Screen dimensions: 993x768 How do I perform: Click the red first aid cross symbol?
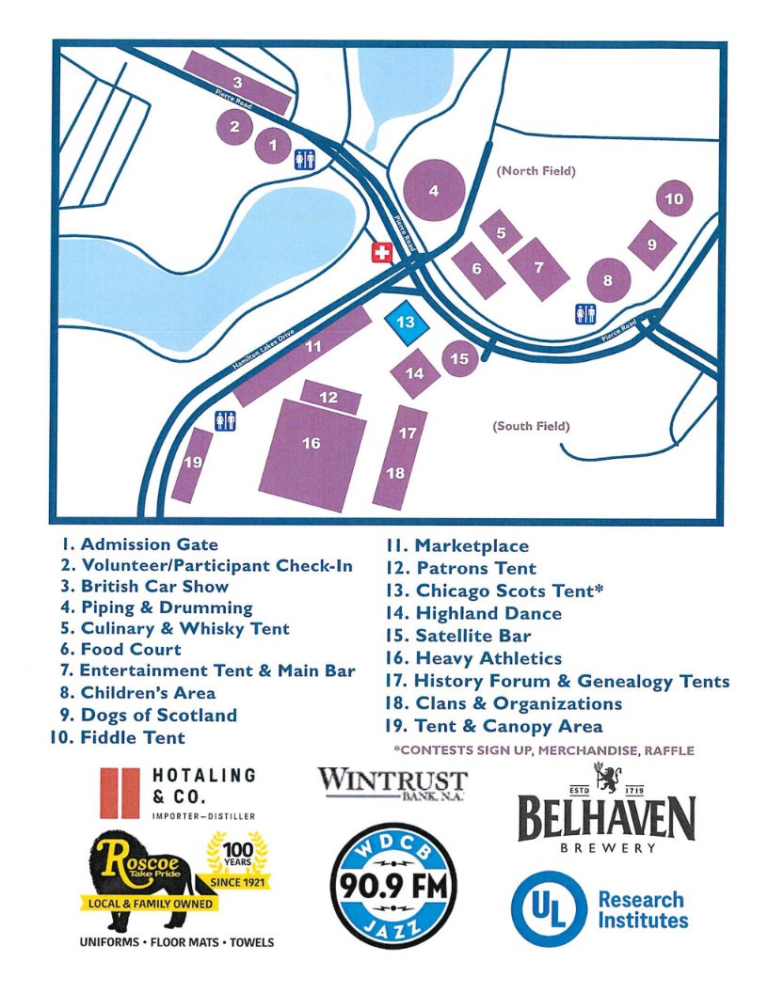pyautogui.click(x=381, y=252)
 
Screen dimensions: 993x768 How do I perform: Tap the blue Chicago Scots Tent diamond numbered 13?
pyautogui.click(x=406, y=323)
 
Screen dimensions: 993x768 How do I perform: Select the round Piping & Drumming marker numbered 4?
pyautogui.click(x=434, y=190)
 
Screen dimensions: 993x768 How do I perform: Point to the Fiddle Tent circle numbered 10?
pyautogui.click(x=673, y=198)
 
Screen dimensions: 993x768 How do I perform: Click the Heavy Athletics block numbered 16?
pyautogui.click(x=312, y=451)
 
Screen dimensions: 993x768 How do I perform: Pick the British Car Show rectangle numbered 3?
pyautogui.click(x=237, y=83)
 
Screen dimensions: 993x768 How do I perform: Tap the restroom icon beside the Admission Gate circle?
pyautogui.click(x=304, y=159)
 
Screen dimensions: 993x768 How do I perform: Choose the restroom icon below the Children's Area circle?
pyautogui.click(x=585, y=314)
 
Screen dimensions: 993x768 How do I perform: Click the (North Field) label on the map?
pyautogui.click(x=536, y=171)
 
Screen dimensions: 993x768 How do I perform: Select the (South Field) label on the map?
pyautogui.click(x=532, y=426)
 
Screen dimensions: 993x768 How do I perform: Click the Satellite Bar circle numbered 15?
pyautogui.click(x=459, y=358)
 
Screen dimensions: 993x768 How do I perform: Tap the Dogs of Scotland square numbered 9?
pyautogui.click(x=651, y=244)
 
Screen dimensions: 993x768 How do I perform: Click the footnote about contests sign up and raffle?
pyautogui.click(x=544, y=750)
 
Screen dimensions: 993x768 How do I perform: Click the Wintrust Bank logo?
pyautogui.click(x=392, y=783)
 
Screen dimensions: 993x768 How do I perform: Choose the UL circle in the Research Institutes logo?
pyautogui.click(x=549, y=908)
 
